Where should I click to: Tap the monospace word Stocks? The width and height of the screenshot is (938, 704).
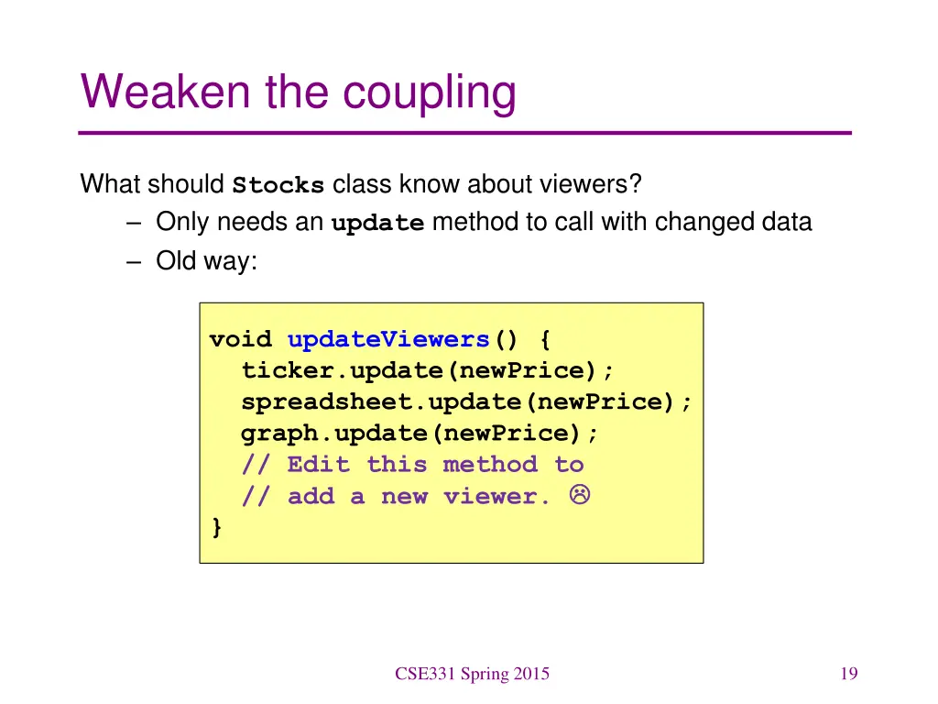pos(278,185)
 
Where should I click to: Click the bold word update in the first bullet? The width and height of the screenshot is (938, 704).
pos(377,224)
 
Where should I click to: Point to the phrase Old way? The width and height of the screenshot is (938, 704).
pos(207,261)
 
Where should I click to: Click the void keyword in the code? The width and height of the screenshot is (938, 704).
pos(241,340)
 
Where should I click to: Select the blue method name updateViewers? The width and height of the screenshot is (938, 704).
pos(388,340)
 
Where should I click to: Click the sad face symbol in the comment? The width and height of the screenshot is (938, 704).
pos(579,495)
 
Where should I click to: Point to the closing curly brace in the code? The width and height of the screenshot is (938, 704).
pos(216,527)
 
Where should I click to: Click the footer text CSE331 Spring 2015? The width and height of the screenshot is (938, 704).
pos(472,675)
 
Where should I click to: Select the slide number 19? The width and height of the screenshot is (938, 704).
pos(847,675)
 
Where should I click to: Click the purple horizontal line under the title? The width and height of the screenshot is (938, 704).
pos(465,133)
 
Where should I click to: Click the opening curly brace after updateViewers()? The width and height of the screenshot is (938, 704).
pos(546,340)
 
